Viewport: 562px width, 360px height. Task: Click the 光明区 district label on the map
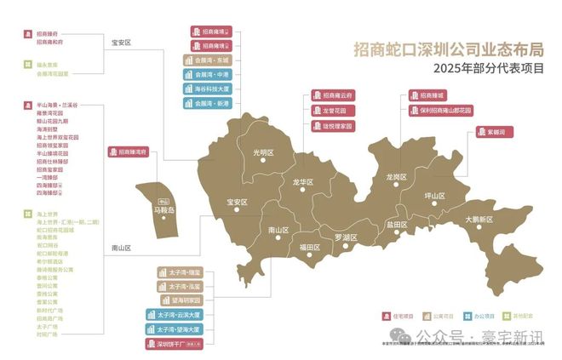[x=265, y=154]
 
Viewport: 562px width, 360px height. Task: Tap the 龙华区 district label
[x=303, y=182]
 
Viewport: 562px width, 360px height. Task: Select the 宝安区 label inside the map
[x=237, y=202]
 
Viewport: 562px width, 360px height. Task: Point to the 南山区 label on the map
[x=278, y=230]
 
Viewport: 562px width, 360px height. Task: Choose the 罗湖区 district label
[x=346, y=237]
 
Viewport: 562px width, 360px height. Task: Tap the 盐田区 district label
[x=397, y=225]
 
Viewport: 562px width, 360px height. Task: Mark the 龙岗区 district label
[x=397, y=177]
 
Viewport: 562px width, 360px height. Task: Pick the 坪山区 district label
[x=435, y=196]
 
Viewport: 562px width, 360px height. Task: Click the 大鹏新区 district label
[x=479, y=219]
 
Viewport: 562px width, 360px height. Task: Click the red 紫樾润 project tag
[x=490, y=133]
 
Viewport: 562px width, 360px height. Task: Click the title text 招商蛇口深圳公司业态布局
[x=449, y=49]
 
